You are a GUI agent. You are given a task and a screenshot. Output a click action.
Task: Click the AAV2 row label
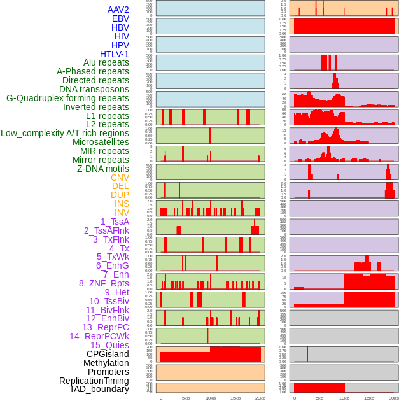pos(118,10)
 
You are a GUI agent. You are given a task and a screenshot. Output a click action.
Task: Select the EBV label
pos(120,18)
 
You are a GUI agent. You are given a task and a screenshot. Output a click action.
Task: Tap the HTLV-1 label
pos(115,54)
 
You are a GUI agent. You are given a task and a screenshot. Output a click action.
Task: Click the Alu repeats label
pos(106,62)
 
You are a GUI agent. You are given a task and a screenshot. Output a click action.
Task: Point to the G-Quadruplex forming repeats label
pos(67,98)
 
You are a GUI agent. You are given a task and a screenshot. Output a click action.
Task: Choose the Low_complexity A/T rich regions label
pos(65,133)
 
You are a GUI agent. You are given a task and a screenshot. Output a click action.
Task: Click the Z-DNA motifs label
pos(103,169)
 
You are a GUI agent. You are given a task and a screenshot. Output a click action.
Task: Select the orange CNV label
pos(120,178)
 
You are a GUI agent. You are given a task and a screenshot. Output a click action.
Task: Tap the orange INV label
pos(122,213)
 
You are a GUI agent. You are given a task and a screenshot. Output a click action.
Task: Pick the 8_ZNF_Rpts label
pos(104,283)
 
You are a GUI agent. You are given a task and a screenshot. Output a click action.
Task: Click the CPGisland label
pos(108,354)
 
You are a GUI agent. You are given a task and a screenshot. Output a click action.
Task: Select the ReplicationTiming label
pos(94,381)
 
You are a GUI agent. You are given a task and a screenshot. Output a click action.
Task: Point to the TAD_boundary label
pos(99,389)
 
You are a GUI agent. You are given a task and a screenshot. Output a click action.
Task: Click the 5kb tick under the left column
pos(186,398)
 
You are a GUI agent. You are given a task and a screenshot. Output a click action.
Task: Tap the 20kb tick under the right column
pos(394,398)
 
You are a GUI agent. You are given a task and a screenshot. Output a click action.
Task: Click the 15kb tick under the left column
pos(236,398)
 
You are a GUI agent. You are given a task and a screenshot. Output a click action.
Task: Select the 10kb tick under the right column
pos(344,398)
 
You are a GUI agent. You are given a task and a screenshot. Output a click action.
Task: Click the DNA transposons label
pos(94,89)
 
